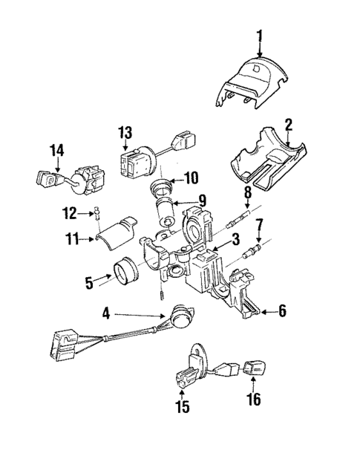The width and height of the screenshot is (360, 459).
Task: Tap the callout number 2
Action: coord(289,124)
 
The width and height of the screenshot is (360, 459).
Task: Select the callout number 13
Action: coord(124,133)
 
